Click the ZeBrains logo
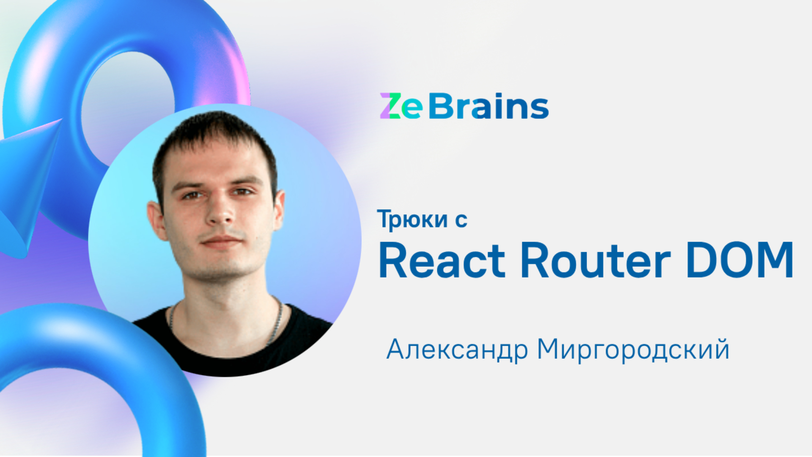pyautogui.click(x=464, y=106)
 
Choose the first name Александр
pyautogui.click(x=457, y=350)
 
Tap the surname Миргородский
pyautogui.click(x=633, y=350)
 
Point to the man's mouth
pyautogui.click(x=222, y=242)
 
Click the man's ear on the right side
pyautogui.click(x=280, y=207)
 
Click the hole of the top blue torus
pyautogui.click(x=127, y=97)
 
